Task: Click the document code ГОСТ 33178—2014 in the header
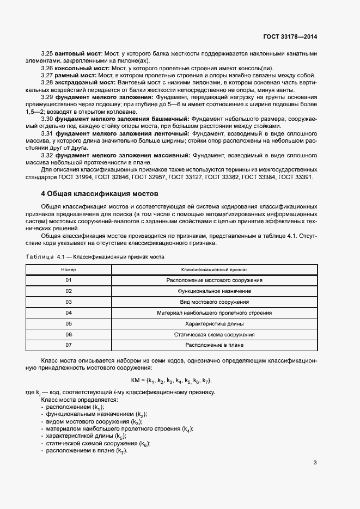(290, 36)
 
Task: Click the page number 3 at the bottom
(315, 463)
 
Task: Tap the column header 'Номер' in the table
(69, 269)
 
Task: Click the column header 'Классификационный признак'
(214, 269)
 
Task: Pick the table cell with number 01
(69, 280)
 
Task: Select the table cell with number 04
(69, 312)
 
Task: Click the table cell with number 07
(69, 345)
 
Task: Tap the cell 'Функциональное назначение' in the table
(214, 291)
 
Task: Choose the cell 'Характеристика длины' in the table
(214, 323)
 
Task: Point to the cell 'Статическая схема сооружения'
(214, 334)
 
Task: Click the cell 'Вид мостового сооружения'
(214, 302)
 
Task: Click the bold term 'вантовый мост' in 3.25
(78, 54)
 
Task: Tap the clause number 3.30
(47, 118)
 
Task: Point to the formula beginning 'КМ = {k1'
(171, 380)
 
